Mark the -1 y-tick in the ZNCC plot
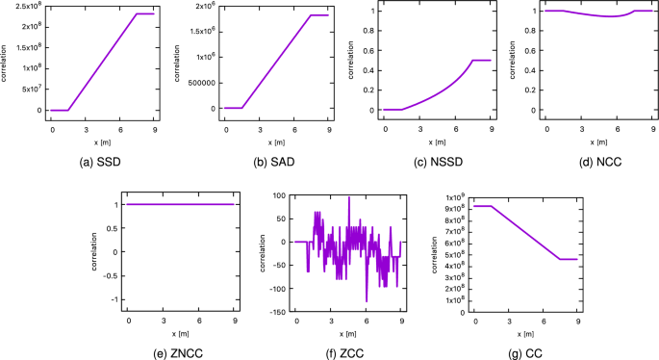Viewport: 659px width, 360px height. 117,299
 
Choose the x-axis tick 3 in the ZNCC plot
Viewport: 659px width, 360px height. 165,319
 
